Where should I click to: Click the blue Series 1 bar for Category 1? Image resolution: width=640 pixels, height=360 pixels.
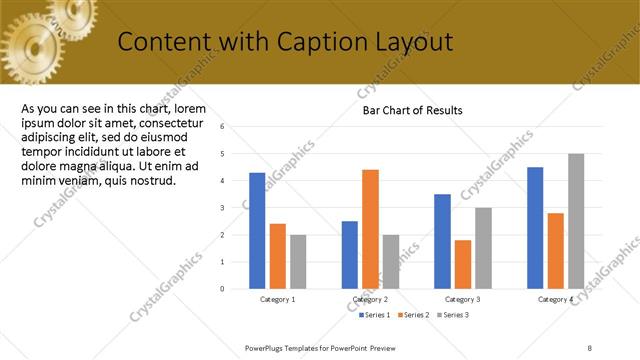[257, 230]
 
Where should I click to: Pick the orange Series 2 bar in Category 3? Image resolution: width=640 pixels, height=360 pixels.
[462, 264]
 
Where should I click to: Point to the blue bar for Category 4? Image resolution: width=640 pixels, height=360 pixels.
[535, 227]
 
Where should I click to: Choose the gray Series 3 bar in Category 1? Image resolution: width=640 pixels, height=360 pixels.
[298, 261]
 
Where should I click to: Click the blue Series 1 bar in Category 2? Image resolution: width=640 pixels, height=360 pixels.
[350, 254]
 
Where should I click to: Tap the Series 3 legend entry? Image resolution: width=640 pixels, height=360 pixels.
[452, 315]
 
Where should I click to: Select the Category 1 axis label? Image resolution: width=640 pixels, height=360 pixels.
[277, 300]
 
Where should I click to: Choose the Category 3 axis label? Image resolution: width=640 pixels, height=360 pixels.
[462, 300]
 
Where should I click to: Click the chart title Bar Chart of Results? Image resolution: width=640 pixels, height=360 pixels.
[412, 110]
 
